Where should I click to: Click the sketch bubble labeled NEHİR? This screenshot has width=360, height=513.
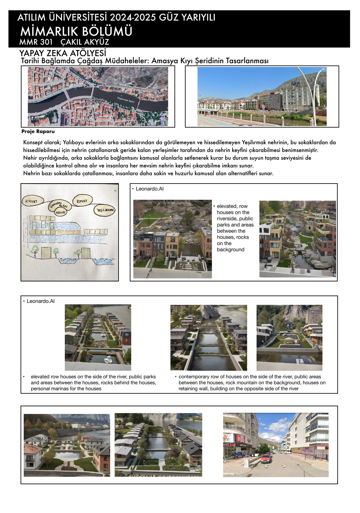point(61,212)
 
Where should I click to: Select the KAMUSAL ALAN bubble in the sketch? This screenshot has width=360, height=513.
point(59,204)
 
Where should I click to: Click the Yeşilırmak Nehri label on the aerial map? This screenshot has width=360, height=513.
point(126,100)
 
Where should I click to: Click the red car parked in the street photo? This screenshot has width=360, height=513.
point(266,458)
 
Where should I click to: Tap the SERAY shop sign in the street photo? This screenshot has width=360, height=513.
point(243,445)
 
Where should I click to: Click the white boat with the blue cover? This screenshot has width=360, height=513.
point(108,360)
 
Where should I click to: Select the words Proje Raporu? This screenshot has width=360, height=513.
point(38,132)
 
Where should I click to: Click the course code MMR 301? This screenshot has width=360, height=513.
point(36,42)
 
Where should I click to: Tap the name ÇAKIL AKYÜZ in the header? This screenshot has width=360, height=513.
point(85,42)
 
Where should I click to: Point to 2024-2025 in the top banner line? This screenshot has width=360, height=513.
point(133,17)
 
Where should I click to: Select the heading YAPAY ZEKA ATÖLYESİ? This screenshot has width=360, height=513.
point(63,53)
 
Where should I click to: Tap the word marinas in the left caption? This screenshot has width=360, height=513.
point(58,389)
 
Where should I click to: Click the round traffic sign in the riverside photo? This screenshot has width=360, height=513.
point(263,106)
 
